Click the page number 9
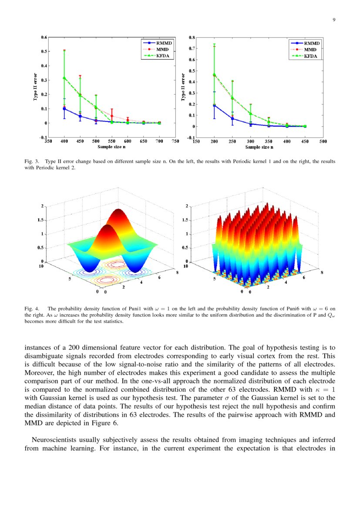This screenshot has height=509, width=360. (x=334, y=20)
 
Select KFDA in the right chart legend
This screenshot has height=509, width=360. (x=310, y=56)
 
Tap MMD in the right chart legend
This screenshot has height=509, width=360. (x=310, y=50)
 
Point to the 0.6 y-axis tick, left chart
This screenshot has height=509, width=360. (x=44, y=37)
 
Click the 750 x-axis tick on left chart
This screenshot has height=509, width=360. (x=175, y=141)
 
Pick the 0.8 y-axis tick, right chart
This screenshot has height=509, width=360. (x=192, y=37)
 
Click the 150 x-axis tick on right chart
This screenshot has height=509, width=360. (x=196, y=141)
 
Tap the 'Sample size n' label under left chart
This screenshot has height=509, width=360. (x=111, y=147)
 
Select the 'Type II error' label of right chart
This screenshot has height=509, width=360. (x=183, y=88)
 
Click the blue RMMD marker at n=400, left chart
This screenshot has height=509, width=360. (x=64, y=109)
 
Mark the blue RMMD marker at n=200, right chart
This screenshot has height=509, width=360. (x=214, y=105)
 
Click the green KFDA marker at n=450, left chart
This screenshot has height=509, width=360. (x=80, y=95)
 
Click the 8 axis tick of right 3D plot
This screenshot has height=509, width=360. (x=323, y=273)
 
